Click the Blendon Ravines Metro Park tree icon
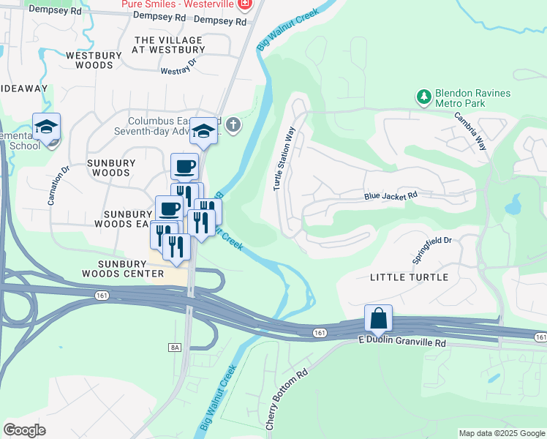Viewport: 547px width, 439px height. pos(423,97)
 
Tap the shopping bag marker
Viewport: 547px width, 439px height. pos(378,319)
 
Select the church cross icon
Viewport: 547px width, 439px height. pos(233,124)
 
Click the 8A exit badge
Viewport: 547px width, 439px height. pos(174,347)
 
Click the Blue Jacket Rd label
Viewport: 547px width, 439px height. pos(391,196)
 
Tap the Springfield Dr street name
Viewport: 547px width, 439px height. pos(432,250)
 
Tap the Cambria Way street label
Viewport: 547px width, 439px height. pos(469,131)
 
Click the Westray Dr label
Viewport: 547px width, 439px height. pos(179,66)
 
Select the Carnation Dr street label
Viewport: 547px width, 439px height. pos(58,185)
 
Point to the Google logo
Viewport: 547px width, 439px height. pos(24,429)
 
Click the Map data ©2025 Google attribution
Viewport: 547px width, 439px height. pos(502,433)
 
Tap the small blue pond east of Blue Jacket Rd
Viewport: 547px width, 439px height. pos(513,203)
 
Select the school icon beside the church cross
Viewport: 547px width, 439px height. pos(204,132)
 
